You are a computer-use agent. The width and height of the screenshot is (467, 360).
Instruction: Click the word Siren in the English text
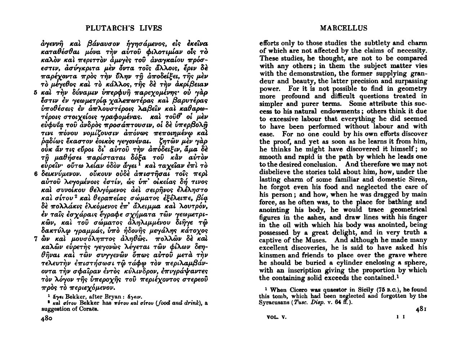[x=417, y=179]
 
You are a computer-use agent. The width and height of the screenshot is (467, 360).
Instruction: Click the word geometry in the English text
[x=412, y=89]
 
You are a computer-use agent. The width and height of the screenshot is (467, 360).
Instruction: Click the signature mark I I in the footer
[x=399, y=318]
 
